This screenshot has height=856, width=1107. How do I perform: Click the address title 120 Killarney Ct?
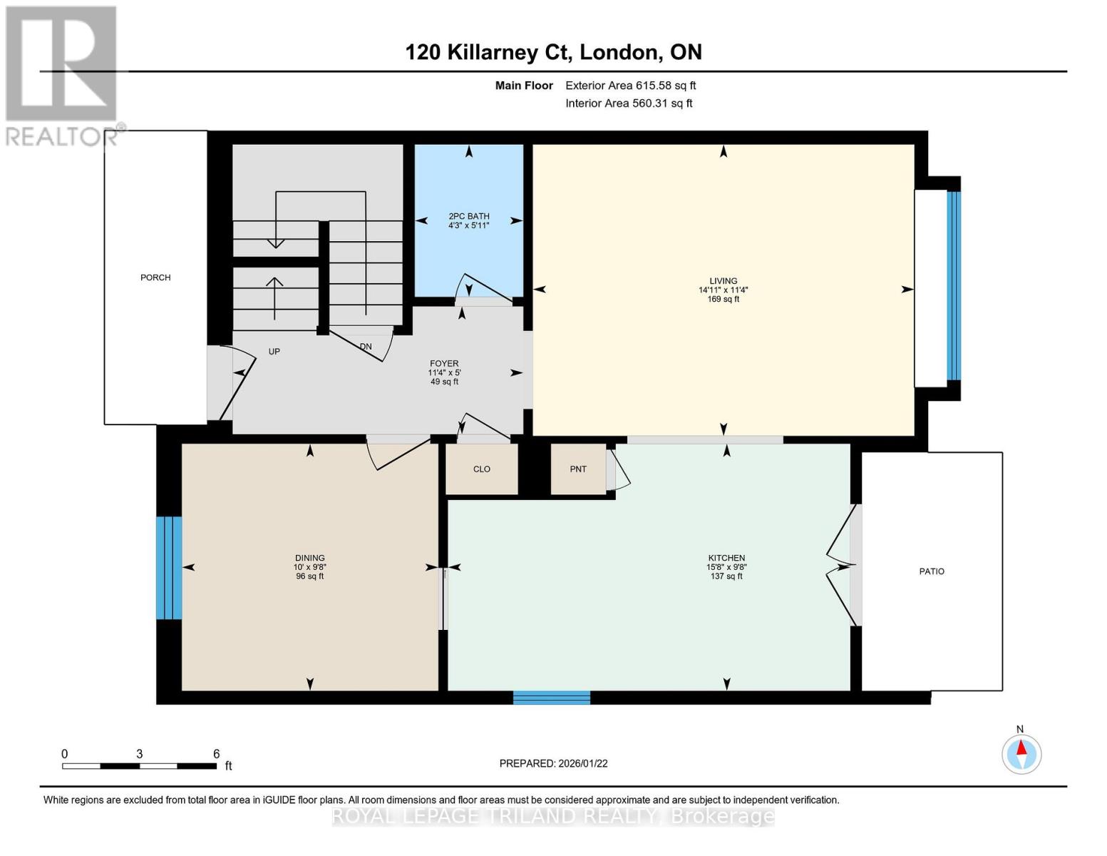click(x=553, y=52)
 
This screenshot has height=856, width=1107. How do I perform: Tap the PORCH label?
click(x=155, y=277)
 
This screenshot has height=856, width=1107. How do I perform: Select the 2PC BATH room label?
click(x=468, y=217)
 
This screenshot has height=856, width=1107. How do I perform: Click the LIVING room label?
click(x=723, y=281)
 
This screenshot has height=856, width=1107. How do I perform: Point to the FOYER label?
click(x=443, y=364)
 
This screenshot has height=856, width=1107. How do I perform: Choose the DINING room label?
click(x=309, y=559)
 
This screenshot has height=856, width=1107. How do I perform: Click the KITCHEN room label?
click(x=726, y=559)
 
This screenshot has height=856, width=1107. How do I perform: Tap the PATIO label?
click(x=931, y=571)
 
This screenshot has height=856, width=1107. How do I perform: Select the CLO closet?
click(x=482, y=469)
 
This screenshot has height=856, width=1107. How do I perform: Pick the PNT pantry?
click(x=578, y=469)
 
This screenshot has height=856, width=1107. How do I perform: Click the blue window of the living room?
click(x=953, y=285)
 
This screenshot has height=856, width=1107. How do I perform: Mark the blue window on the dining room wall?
click(x=169, y=568)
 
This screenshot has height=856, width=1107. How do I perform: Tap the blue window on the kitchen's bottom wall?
click(x=551, y=698)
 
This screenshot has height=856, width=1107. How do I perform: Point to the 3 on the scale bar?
click(x=140, y=754)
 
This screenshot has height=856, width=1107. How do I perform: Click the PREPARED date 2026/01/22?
click(x=553, y=763)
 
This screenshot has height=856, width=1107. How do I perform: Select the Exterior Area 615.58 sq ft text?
click(x=630, y=86)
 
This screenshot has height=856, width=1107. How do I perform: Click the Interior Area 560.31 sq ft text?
click(x=629, y=103)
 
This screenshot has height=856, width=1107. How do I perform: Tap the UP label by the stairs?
click(x=274, y=352)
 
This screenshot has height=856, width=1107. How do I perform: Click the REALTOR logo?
click(x=61, y=75)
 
